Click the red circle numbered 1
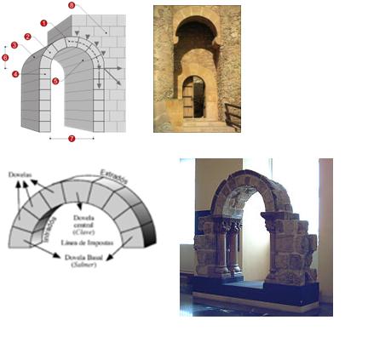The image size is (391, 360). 43,23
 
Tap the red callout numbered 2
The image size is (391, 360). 28,37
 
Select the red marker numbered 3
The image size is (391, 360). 14,45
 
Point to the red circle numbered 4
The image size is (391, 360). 15,74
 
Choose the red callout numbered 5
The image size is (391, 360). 55,82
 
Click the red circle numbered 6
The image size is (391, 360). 5,58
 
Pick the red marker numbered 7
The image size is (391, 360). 71,137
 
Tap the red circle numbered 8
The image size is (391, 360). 72,6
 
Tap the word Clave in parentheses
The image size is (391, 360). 87,231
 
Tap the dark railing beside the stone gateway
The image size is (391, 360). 231,113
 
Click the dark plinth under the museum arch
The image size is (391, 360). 256,294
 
